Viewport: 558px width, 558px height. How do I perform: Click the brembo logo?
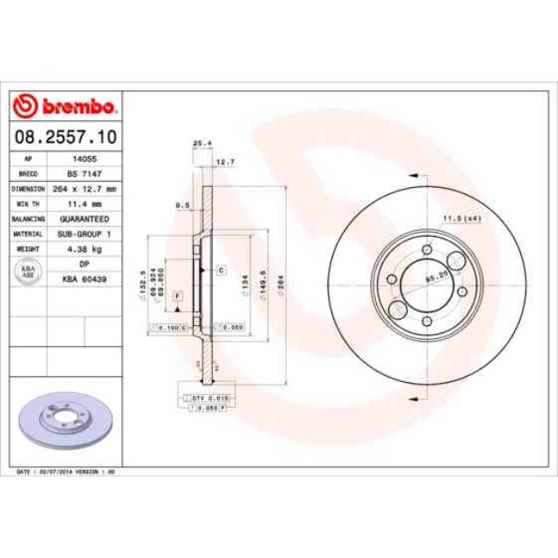point(65,106)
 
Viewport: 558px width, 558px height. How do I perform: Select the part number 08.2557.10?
point(65,136)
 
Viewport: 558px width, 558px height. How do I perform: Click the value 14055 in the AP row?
point(84,159)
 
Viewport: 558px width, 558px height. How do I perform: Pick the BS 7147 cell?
point(84,173)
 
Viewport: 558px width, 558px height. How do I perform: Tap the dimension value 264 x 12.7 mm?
point(84,187)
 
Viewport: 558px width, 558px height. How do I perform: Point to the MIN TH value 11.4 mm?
point(84,204)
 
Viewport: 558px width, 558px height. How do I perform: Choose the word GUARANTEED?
point(84,219)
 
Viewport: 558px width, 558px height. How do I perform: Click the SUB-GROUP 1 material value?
point(84,234)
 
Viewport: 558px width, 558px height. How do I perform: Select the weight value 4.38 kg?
point(84,248)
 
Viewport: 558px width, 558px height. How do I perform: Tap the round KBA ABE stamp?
point(27,271)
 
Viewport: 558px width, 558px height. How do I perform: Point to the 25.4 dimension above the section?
point(202,143)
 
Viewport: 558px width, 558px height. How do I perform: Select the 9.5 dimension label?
point(182,205)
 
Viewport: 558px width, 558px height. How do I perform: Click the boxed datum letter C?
point(221,270)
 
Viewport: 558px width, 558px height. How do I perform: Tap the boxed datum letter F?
point(178,296)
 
